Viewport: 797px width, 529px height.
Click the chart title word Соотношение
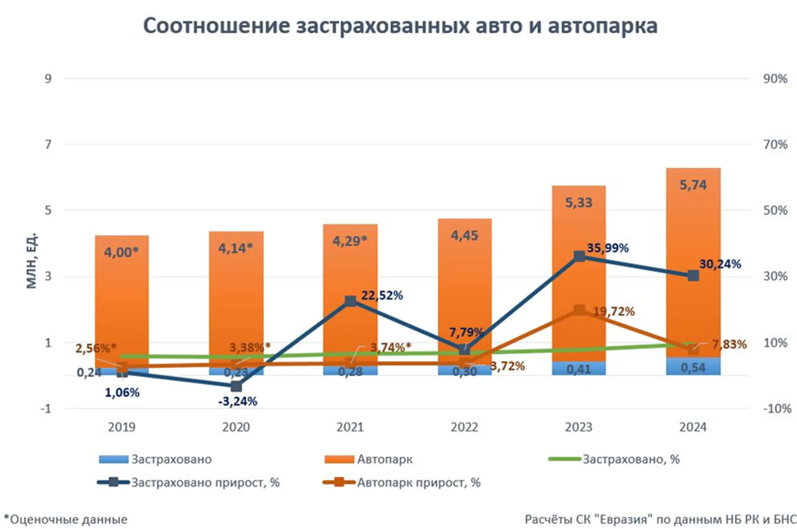[x=216, y=27]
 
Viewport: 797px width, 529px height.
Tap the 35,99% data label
[x=607, y=248]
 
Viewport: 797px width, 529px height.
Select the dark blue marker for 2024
[x=693, y=275]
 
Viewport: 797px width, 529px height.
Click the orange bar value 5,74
[x=693, y=185]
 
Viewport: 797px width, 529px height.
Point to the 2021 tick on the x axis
[x=350, y=427]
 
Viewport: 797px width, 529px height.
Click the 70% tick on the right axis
[x=775, y=145]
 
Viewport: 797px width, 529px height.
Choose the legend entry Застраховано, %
[x=631, y=459]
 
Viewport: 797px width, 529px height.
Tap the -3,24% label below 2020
[x=237, y=401]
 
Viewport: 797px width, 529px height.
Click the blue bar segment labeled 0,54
[x=693, y=367]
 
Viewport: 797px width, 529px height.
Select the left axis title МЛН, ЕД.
[x=32, y=260]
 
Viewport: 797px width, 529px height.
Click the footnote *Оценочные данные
[x=66, y=519]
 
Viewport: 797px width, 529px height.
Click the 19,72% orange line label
[x=614, y=312]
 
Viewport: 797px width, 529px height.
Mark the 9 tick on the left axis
[x=48, y=79]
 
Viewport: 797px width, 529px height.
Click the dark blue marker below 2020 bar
[x=236, y=386]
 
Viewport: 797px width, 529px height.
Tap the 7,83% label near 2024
[x=729, y=345]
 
